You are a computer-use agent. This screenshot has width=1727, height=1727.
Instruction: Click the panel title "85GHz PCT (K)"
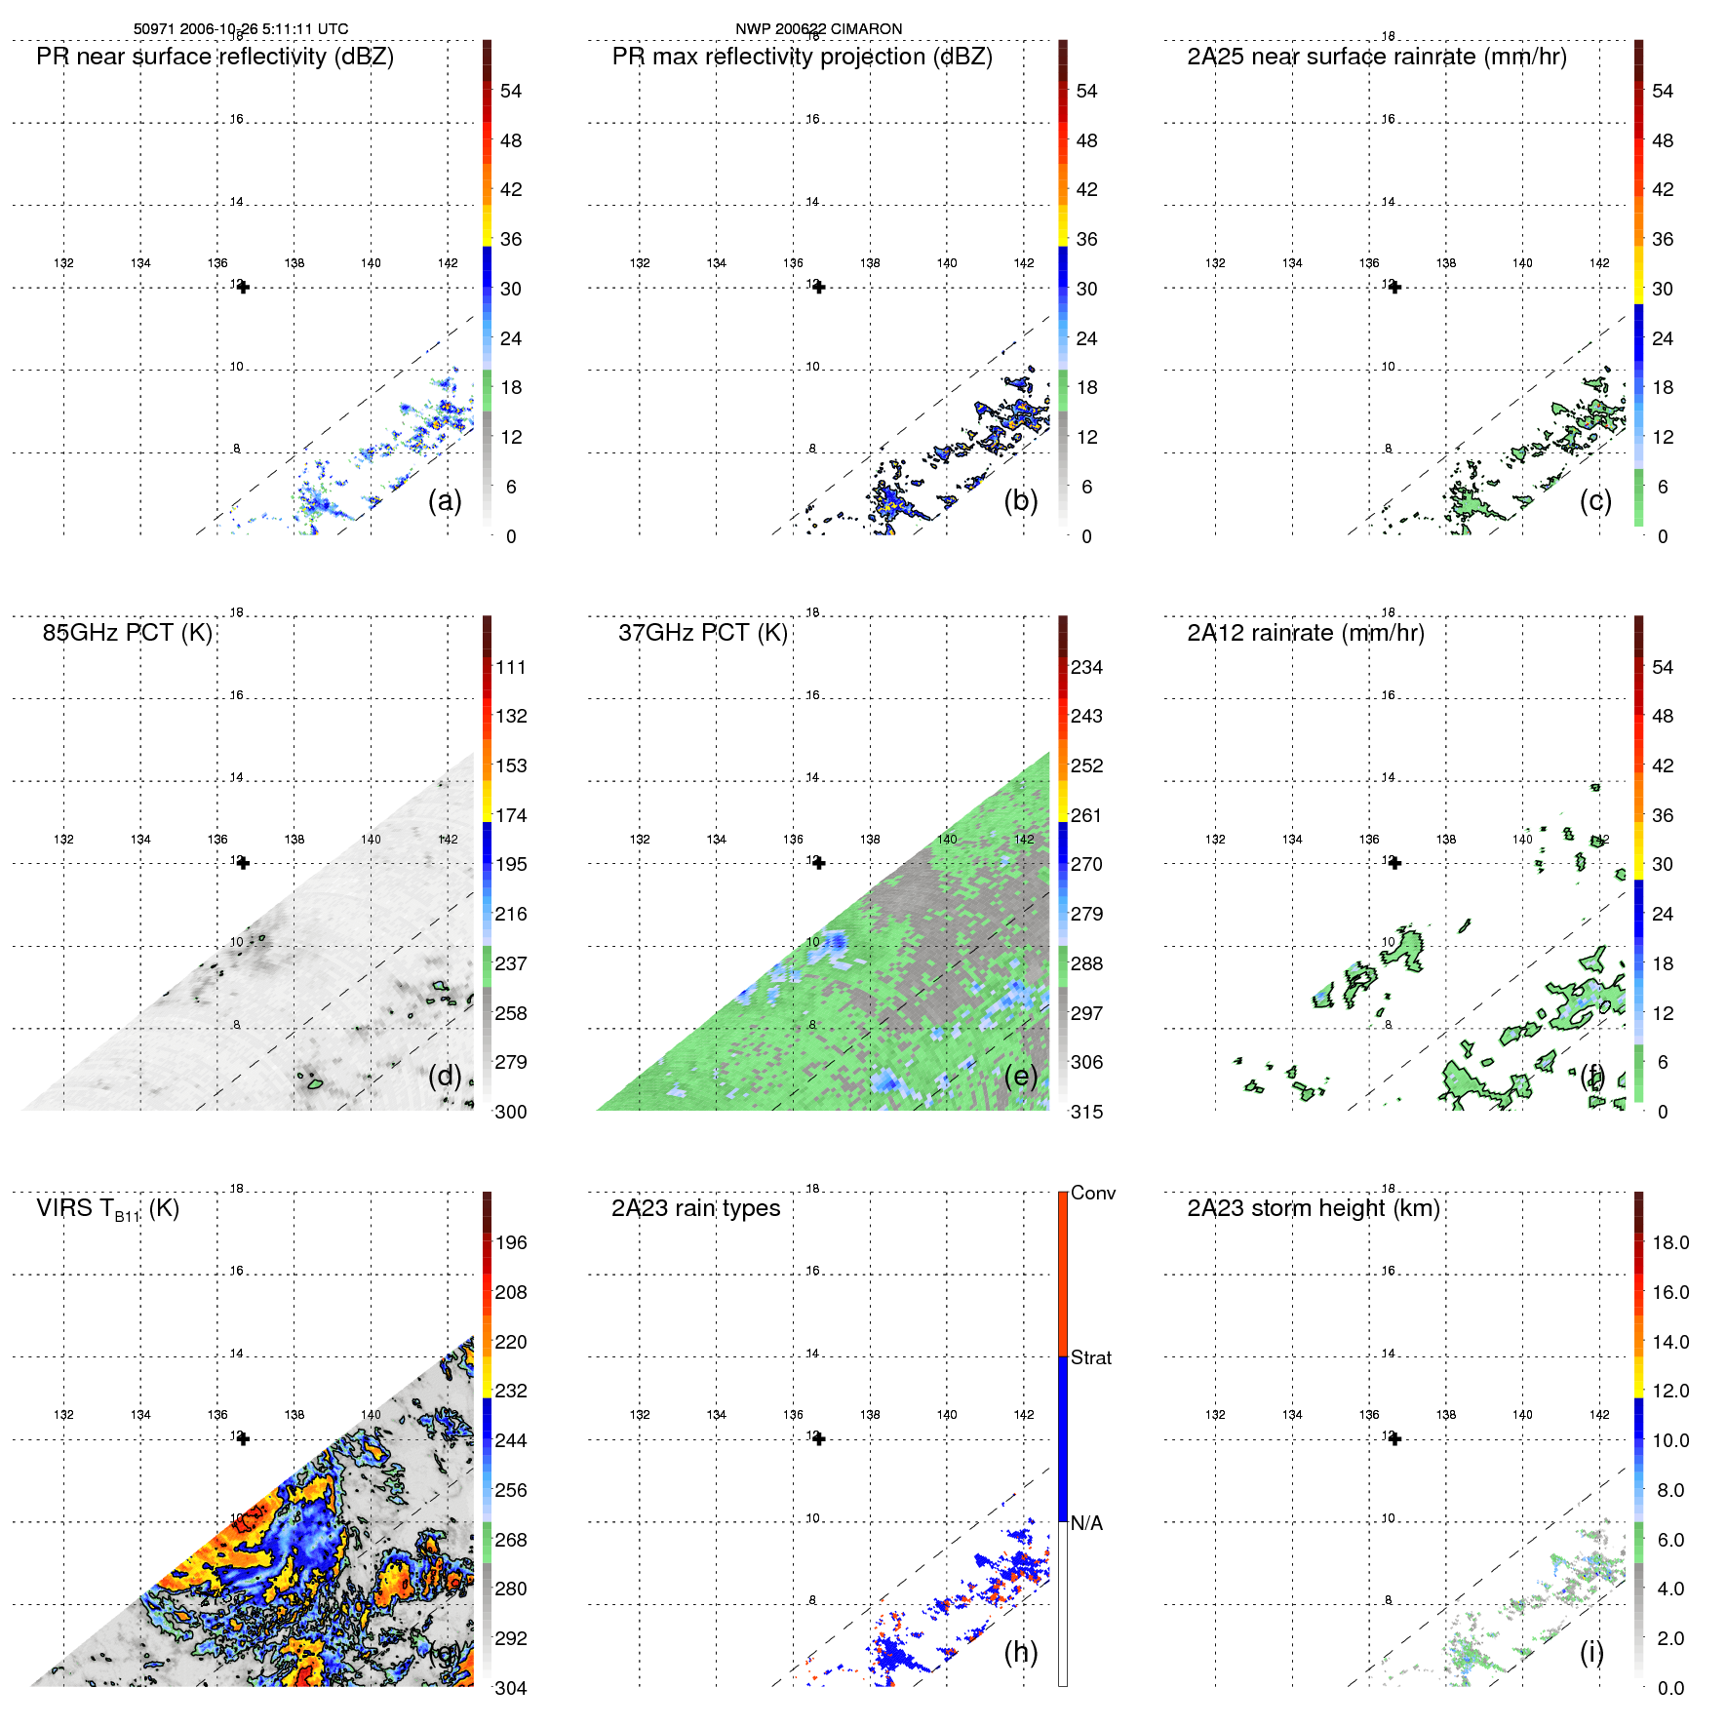(127, 633)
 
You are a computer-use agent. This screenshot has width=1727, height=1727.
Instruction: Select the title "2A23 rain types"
(695, 1208)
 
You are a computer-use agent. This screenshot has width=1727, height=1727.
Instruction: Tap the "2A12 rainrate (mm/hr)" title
(1305, 633)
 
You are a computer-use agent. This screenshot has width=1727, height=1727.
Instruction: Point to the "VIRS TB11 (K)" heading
(107, 1209)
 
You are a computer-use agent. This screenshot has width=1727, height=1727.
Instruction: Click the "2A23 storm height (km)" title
(1313, 1208)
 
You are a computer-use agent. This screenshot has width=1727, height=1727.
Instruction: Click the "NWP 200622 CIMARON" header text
(818, 29)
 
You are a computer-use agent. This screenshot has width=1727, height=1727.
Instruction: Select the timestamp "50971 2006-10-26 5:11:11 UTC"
(240, 29)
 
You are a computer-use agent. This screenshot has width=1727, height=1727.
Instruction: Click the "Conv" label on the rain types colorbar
(1092, 1193)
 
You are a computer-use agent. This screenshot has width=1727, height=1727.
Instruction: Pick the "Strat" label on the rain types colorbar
(1090, 1357)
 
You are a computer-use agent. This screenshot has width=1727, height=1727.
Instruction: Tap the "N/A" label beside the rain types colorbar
(1086, 1523)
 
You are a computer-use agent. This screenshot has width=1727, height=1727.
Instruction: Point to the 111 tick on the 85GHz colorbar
(510, 667)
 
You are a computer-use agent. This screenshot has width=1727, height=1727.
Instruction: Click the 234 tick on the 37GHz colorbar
(1086, 667)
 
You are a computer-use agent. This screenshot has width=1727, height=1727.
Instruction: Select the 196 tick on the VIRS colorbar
(510, 1242)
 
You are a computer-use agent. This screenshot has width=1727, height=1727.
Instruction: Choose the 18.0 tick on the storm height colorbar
(1669, 1242)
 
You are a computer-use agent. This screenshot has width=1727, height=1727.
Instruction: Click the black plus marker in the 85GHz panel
(243, 863)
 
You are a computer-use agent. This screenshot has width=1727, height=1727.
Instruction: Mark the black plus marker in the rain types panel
(819, 1438)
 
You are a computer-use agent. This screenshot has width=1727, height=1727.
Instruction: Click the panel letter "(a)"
(445, 500)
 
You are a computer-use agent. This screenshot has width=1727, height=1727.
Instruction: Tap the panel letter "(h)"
(1020, 1652)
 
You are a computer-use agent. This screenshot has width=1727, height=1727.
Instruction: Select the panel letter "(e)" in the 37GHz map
(1020, 1076)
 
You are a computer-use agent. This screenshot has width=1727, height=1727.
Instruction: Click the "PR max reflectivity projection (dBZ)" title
(802, 57)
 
